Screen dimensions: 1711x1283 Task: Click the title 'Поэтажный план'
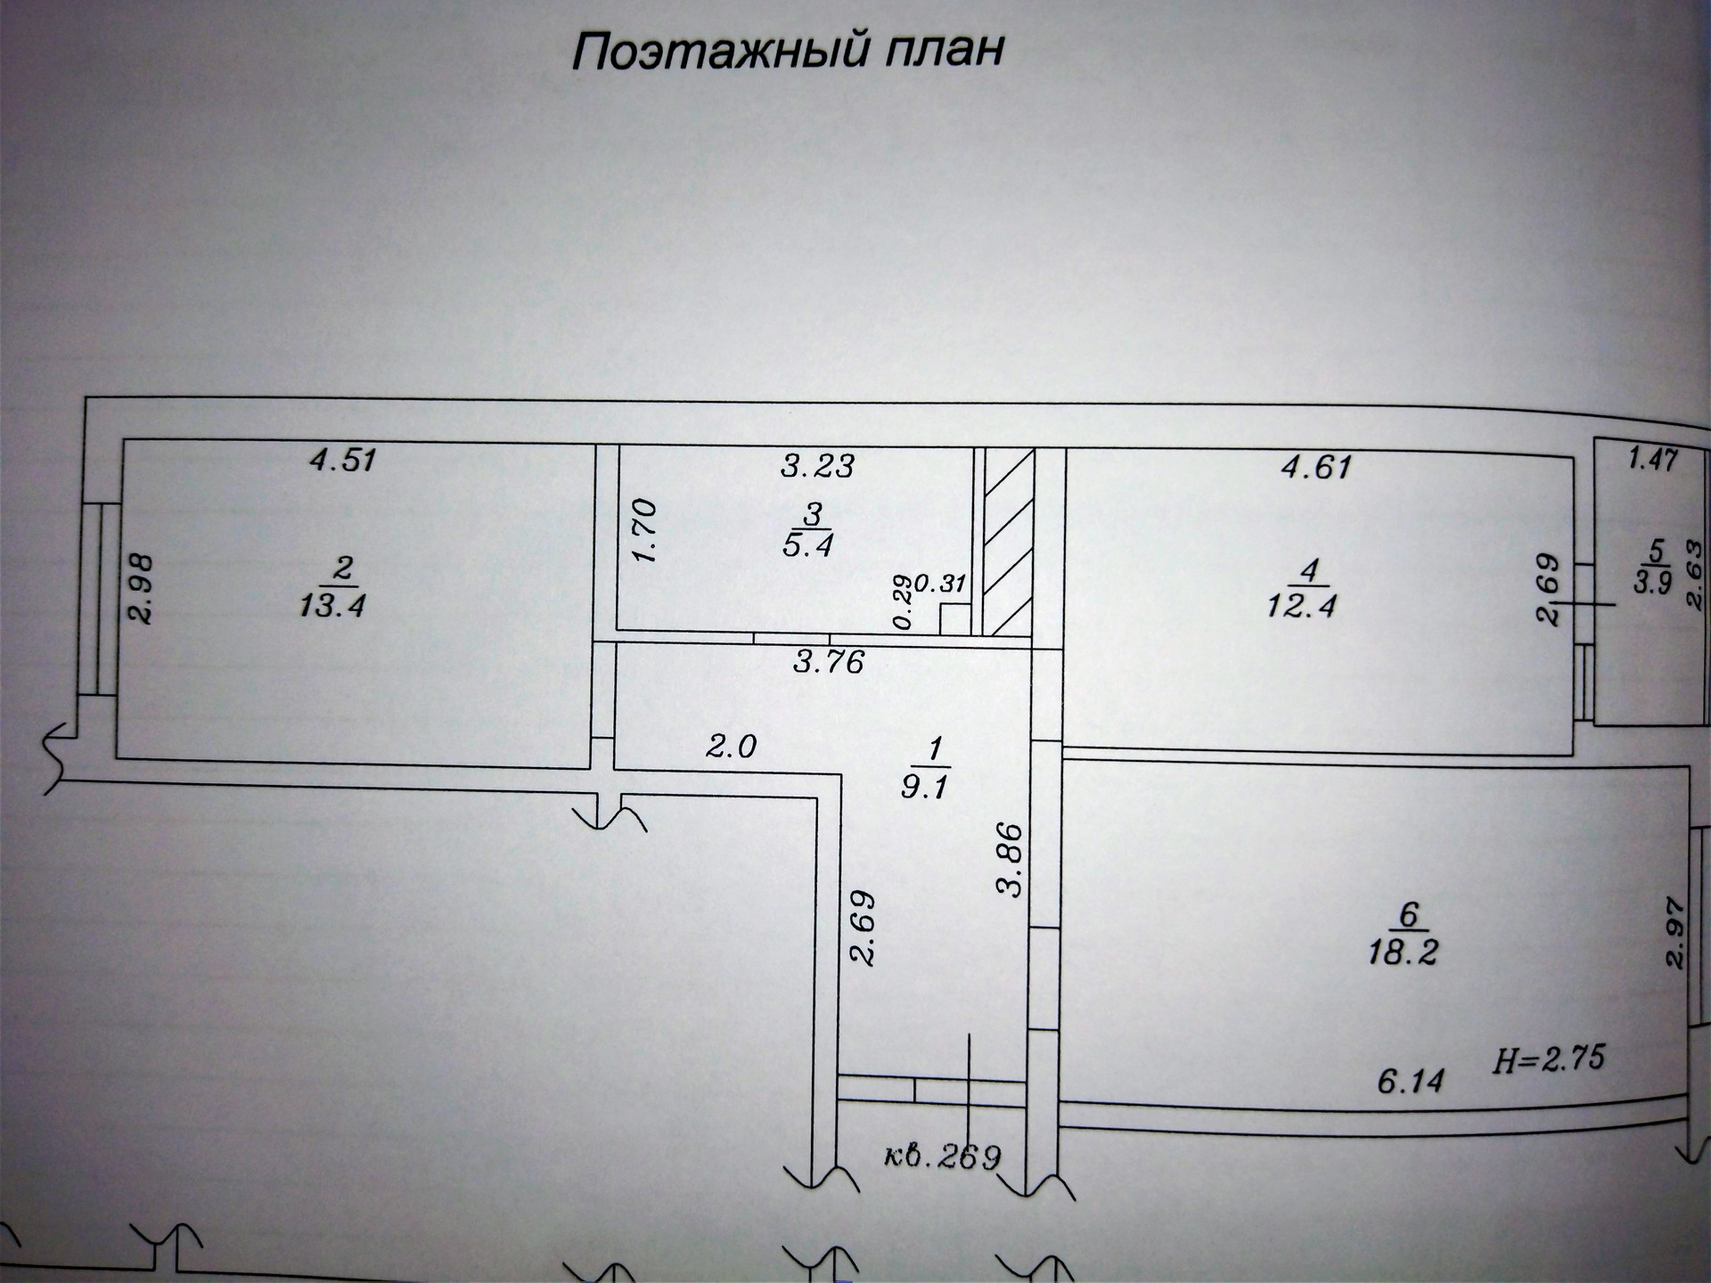(788, 52)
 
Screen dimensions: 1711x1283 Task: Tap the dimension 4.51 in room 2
(343, 461)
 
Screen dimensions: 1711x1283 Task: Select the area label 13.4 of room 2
(333, 606)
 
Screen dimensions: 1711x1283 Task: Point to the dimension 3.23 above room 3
(817, 465)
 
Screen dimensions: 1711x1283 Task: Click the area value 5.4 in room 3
(807, 545)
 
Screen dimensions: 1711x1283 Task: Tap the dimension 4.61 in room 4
(1316, 467)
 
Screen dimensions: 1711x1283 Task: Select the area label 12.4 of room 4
(1302, 606)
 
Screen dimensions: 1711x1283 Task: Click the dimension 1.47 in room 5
(1652, 460)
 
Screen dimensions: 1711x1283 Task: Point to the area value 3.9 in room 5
(1653, 582)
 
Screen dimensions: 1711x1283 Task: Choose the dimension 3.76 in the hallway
(829, 662)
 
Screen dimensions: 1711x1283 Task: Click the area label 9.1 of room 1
(924, 788)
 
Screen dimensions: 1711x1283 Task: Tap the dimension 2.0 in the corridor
(731, 745)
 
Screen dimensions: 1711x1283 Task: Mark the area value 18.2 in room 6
(1404, 952)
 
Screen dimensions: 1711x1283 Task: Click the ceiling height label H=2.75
(1549, 1058)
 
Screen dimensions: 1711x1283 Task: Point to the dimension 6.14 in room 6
(1410, 1082)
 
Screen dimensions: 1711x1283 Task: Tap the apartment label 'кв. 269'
(943, 1156)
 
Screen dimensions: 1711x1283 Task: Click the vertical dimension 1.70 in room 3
(643, 530)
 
